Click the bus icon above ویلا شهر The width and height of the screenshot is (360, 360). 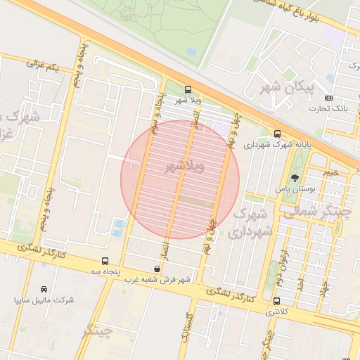point(188,89)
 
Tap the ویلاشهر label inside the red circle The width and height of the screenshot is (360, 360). point(184,167)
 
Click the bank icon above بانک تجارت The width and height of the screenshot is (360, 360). point(329,98)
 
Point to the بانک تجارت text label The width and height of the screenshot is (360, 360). point(328,109)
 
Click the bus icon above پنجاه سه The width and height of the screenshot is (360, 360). point(105,260)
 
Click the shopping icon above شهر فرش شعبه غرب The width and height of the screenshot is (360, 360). point(157,269)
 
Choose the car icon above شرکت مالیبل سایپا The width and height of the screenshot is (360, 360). point(44,289)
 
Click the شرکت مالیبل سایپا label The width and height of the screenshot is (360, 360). point(44,300)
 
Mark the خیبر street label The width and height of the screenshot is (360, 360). point(331,172)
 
